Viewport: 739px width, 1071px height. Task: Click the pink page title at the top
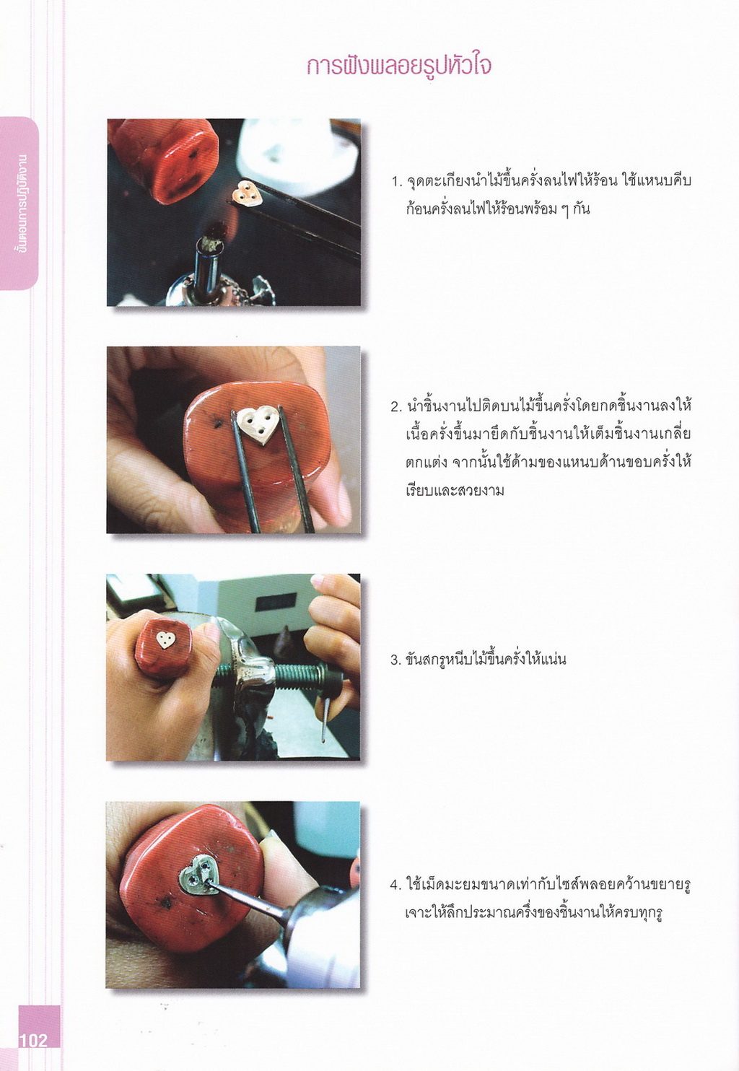pyautogui.click(x=399, y=66)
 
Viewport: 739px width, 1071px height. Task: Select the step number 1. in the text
pyautogui.click(x=396, y=182)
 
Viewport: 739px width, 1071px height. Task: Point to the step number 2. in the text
pyautogui.click(x=396, y=407)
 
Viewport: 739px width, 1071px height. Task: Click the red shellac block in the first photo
pyautogui.click(x=162, y=158)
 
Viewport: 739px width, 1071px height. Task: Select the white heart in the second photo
pyautogui.click(x=259, y=424)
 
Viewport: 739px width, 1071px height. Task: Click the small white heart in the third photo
pyautogui.click(x=165, y=640)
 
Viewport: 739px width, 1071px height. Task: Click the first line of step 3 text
pyautogui.click(x=478, y=660)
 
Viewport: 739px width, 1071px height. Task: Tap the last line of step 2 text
pyautogui.click(x=455, y=491)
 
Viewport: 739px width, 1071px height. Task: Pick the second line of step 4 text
pyautogui.click(x=533, y=914)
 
